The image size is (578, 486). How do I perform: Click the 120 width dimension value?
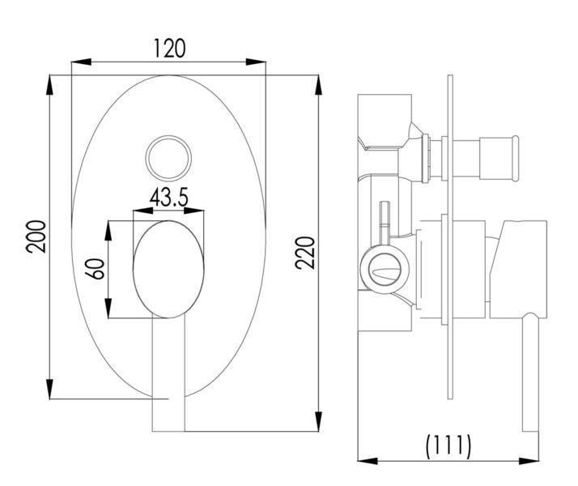click(169, 47)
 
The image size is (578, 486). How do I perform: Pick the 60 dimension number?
click(96, 269)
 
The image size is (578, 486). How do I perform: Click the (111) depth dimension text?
click(448, 445)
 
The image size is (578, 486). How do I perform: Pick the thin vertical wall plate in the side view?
click(448, 243)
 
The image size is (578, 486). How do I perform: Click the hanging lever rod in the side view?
click(531, 373)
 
